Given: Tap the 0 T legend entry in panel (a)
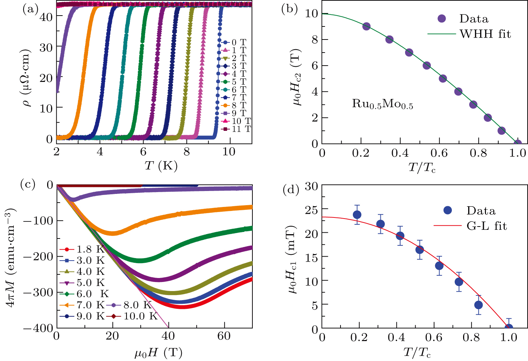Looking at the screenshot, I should [234, 42].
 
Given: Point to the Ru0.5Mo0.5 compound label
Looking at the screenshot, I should [383, 104].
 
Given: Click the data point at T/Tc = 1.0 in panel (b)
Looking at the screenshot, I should [518, 144].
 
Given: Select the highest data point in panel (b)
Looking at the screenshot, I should [366, 26].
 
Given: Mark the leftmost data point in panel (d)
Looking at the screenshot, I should [357, 215].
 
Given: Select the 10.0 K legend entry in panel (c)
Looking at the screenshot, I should [134, 316].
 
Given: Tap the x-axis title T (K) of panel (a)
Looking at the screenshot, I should [161, 166].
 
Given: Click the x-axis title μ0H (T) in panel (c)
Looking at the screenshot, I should [158, 353].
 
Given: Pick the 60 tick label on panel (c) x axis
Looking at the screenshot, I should [224, 336].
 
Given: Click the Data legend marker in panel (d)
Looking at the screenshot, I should [447, 210].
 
